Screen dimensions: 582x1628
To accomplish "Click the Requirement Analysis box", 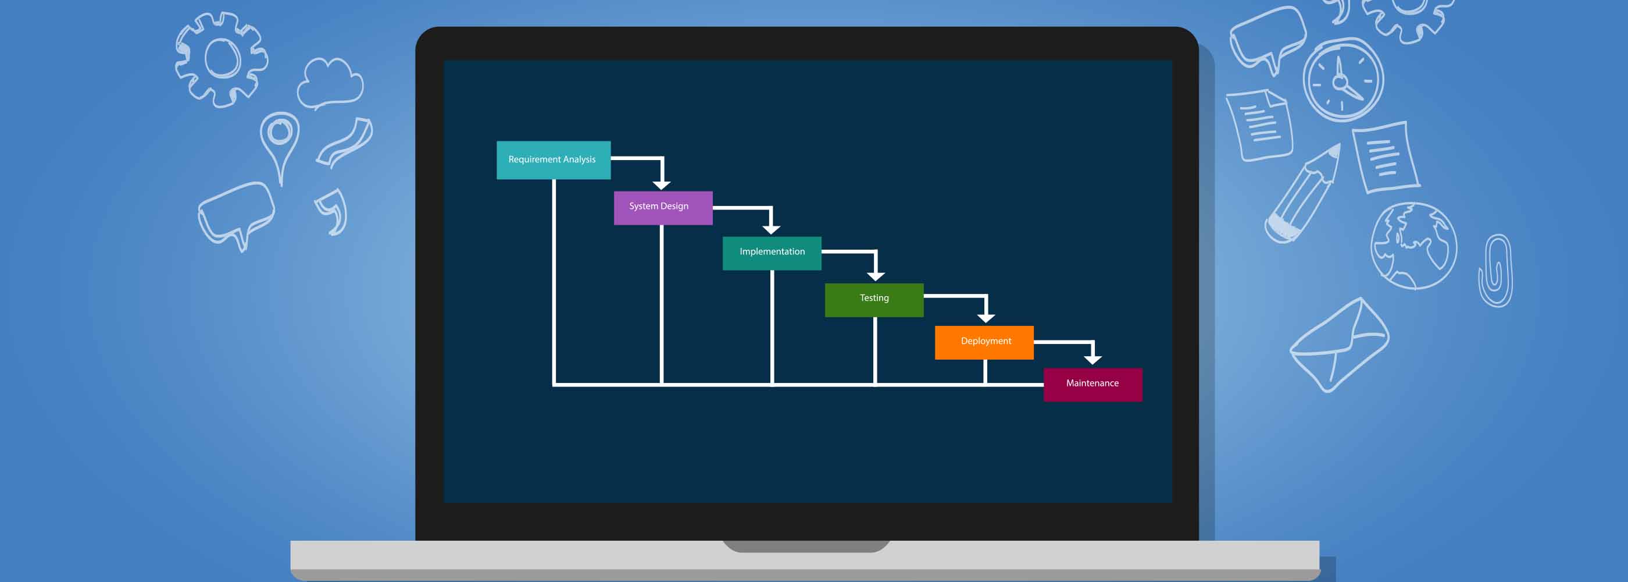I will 553,160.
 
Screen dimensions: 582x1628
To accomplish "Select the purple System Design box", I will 663,208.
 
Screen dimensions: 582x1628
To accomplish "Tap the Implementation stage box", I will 772,253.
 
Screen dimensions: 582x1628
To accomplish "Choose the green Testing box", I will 874,300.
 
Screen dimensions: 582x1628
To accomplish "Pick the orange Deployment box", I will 984,342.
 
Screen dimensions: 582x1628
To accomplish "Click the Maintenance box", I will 1093,385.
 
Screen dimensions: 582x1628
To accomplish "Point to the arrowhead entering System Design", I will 661,184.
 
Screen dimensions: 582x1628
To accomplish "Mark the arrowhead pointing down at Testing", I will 875,276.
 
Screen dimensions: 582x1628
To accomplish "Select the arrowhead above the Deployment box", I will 986,318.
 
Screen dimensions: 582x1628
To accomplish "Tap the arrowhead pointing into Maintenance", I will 1093,360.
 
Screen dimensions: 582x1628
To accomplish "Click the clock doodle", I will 1343,80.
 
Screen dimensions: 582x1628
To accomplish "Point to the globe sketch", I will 1414,246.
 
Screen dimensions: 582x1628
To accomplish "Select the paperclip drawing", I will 1495,270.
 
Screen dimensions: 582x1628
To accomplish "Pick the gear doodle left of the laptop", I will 221,59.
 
